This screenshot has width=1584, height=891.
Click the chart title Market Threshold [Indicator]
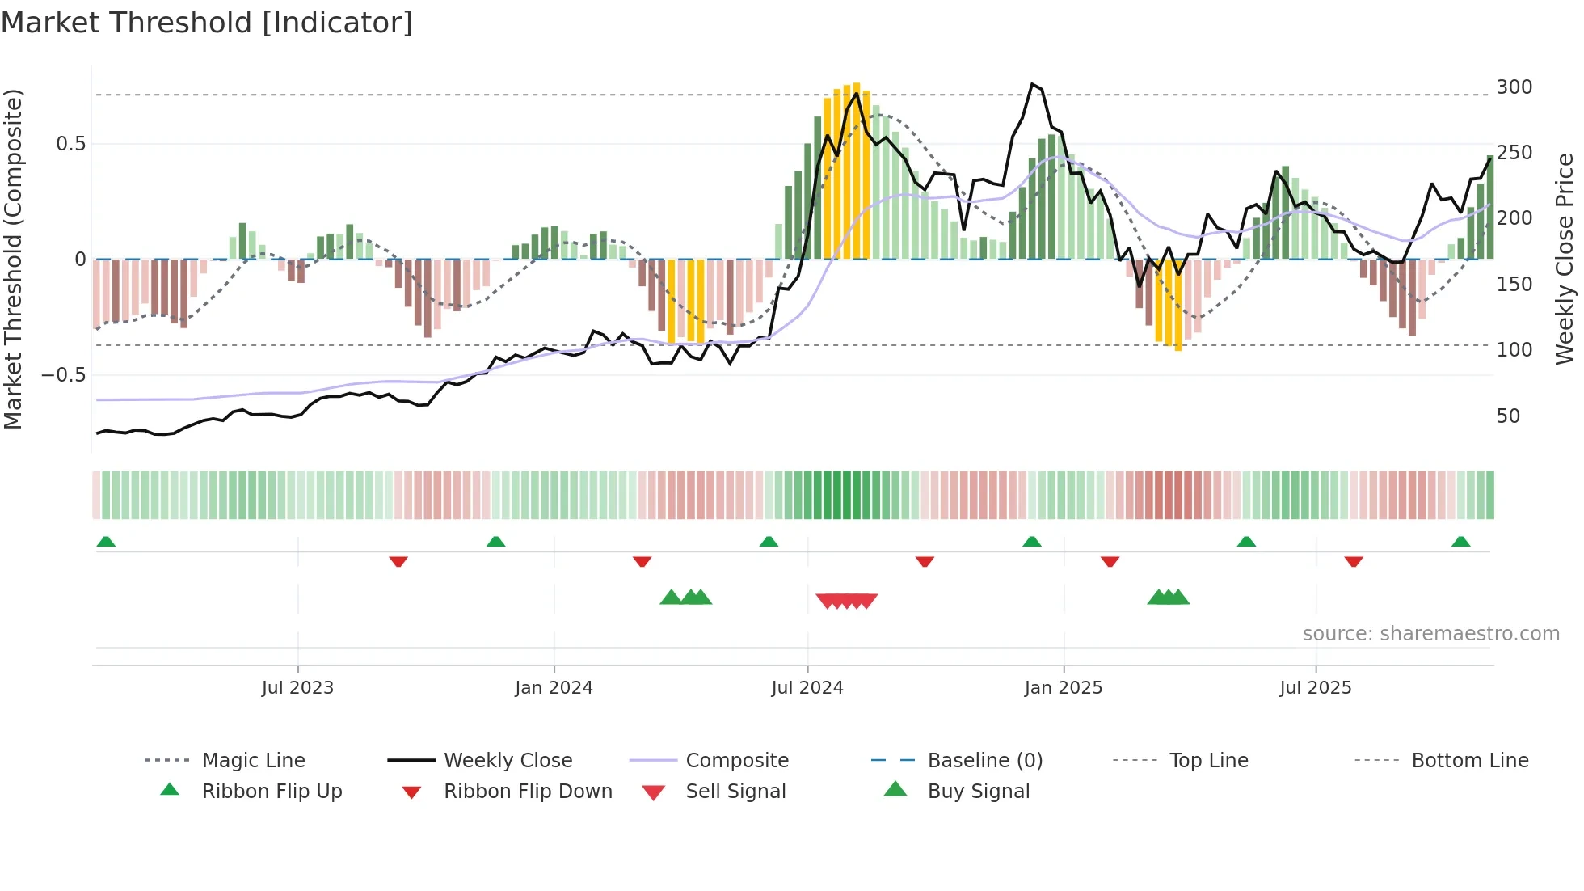(207, 23)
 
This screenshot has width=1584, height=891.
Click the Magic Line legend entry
(253, 760)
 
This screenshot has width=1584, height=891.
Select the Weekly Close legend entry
(508, 760)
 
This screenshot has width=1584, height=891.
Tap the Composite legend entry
(736, 760)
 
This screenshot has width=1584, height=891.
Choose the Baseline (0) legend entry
(984, 760)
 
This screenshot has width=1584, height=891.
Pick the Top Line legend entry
(1208, 760)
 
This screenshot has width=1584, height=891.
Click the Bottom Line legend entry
(1469, 760)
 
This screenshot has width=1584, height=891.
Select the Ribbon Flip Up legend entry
(272, 791)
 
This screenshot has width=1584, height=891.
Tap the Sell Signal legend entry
(735, 791)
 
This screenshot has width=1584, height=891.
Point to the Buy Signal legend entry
(978, 791)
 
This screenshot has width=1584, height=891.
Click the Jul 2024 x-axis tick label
(807, 687)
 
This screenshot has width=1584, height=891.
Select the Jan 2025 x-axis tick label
(1063, 687)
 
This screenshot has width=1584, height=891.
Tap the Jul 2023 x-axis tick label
(297, 687)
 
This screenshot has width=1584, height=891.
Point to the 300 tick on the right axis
(1514, 87)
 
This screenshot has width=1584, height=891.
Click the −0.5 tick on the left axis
(63, 374)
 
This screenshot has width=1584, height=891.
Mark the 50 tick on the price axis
(1508, 416)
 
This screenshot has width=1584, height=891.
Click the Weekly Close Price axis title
(1565, 259)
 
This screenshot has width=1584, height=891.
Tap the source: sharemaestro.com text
(1430, 633)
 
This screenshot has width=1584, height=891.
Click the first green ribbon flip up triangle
(106, 542)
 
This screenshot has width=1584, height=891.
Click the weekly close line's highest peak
(1032, 84)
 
